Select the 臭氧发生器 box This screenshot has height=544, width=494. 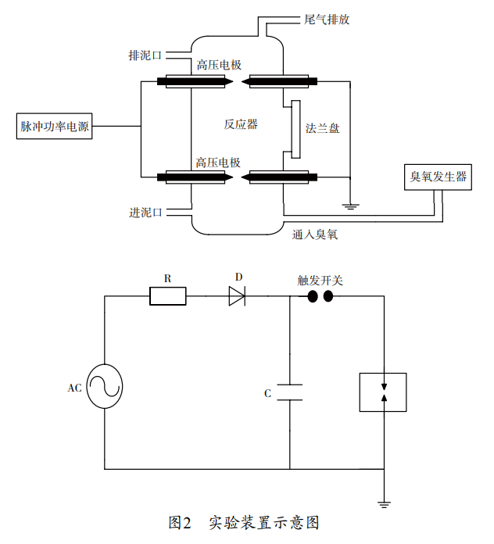[x=439, y=177]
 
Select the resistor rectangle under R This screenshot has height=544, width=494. [x=167, y=295]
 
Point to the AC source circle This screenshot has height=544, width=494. [x=105, y=386]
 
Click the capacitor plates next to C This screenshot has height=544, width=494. [x=289, y=392]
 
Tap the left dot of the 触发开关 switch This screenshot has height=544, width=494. [x=312, y=296]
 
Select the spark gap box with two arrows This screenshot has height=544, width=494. [x=383, y=392]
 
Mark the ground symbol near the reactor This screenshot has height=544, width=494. [x=351, y=206]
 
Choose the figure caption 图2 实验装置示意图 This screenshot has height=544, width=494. [x=244, y=521]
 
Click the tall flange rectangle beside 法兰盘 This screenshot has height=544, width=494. [x=295, y=129]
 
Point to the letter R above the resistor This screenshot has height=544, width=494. [x=167, y=277]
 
